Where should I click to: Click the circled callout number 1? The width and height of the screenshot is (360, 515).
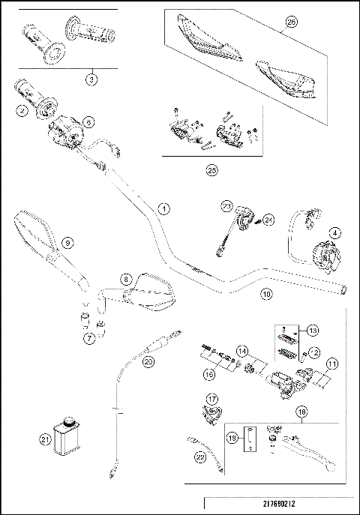pyautogui.click(x=164, y=208)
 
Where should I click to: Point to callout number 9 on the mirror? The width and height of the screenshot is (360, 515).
pyautogui.click(x=67, y=242)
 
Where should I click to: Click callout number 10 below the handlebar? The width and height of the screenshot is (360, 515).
pyautogui.click(x=265, y=295)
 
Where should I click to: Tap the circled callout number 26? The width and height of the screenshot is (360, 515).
pyautogui.click(x=291, y=22)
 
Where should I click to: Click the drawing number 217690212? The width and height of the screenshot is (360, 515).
pyautogui.click(x=279, y=504)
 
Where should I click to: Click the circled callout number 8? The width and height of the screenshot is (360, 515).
pyautogui.click(x=127, y=278)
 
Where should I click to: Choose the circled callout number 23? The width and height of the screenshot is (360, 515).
pyautogui.click(x=225, y=206)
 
